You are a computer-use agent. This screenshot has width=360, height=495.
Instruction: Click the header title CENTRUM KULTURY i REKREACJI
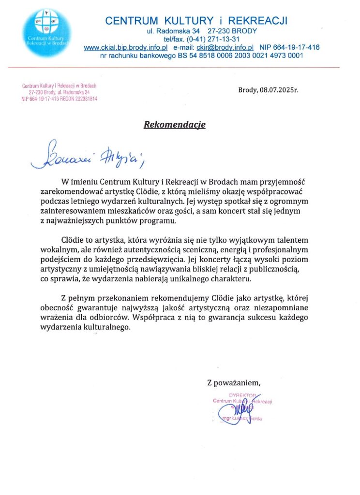(196, 21)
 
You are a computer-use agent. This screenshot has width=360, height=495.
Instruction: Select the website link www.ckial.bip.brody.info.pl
(126, 47)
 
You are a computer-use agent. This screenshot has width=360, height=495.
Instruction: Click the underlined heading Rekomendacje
(175, 125)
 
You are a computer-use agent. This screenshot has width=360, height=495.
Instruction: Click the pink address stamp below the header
(60, 92)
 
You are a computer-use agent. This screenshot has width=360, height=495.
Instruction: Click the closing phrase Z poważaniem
(234, 383)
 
